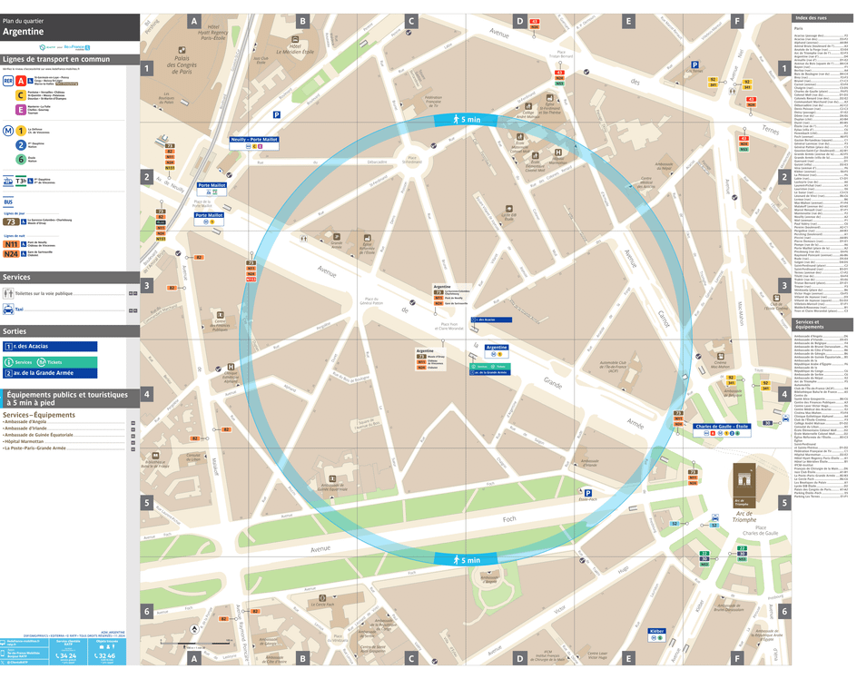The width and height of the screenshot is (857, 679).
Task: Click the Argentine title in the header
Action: click(24, 31)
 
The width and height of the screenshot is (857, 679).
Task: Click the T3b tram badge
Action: click(21, 181)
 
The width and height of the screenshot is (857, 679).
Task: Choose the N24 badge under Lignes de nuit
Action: click(12, 254)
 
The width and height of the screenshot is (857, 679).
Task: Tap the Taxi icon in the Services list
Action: click(8, 310)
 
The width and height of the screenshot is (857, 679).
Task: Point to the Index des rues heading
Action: click(811, 18)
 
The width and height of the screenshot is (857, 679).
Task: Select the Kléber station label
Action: click(656, 631)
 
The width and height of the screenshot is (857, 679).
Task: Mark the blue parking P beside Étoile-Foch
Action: click(588, 492)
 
